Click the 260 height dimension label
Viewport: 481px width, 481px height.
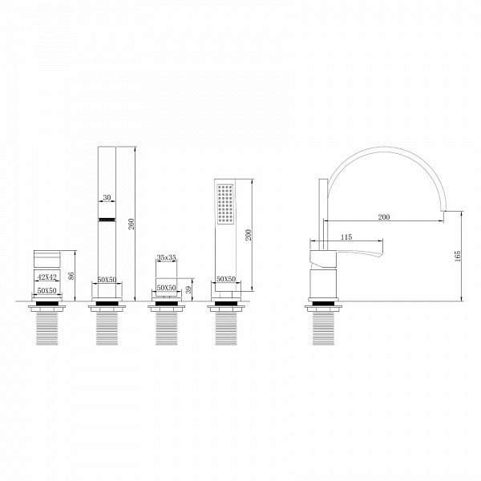pos(131,224)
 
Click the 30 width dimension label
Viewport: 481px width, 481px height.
pos(107,197)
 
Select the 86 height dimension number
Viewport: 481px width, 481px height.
pos(71,276)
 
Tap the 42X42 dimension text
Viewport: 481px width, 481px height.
pos(47,277)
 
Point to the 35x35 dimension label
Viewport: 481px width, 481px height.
pos(167,257)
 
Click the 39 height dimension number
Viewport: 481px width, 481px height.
pos(188,289)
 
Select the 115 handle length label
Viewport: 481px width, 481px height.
pos(346,236)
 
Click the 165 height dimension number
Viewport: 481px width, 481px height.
pos(458,256)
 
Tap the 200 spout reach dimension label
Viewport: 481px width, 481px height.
pos(384,217)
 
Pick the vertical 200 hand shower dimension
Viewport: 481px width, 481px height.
pos(249,235)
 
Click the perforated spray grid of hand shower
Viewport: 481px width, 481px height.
pos(225,204)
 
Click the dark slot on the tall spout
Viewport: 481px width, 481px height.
pos(107,220)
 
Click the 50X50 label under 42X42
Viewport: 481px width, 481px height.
pos(47,290)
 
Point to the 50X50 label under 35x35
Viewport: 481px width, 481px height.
pos(167,288)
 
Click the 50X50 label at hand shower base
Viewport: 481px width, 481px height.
pos(226,279)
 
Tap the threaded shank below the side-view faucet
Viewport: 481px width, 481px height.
pos(323,329)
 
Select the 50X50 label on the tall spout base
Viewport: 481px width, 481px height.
pos(107,280)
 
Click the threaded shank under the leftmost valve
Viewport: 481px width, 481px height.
pos(47,329)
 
